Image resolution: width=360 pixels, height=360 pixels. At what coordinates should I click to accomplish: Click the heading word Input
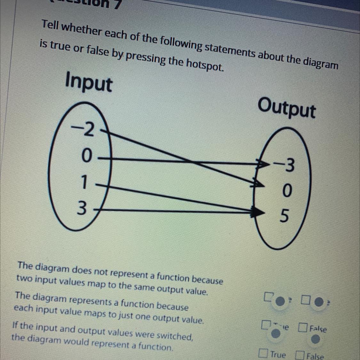[89, 83]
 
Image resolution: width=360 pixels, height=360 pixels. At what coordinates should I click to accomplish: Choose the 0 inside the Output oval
[287, 191]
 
